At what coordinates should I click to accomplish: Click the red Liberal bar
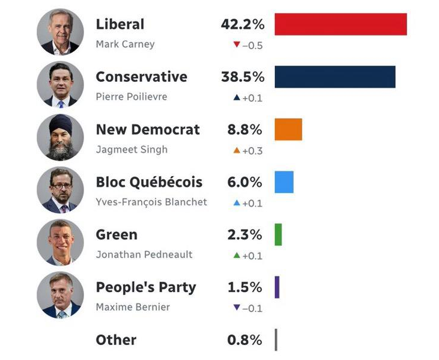341,24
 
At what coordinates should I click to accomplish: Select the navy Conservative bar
335,77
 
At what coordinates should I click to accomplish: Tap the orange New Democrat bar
288,129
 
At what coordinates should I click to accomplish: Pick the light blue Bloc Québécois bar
284,182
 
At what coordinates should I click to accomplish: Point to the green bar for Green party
278,234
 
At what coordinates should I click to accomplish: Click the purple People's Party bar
277,287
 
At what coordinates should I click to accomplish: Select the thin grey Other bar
276,340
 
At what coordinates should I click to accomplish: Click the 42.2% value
243,25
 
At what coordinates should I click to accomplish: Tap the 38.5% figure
243,77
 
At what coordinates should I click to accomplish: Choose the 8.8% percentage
245,130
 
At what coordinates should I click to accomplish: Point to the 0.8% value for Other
245,340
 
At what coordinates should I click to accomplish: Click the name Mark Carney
125,44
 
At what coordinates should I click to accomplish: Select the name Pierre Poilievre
132,97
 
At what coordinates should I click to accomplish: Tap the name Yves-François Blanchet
151,202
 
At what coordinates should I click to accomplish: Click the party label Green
117,235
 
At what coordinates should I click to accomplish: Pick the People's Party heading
146,287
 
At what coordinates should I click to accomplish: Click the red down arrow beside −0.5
236,44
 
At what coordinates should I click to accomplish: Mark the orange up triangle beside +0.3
237,150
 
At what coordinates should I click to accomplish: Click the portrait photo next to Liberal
59,32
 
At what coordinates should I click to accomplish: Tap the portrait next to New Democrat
59,137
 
